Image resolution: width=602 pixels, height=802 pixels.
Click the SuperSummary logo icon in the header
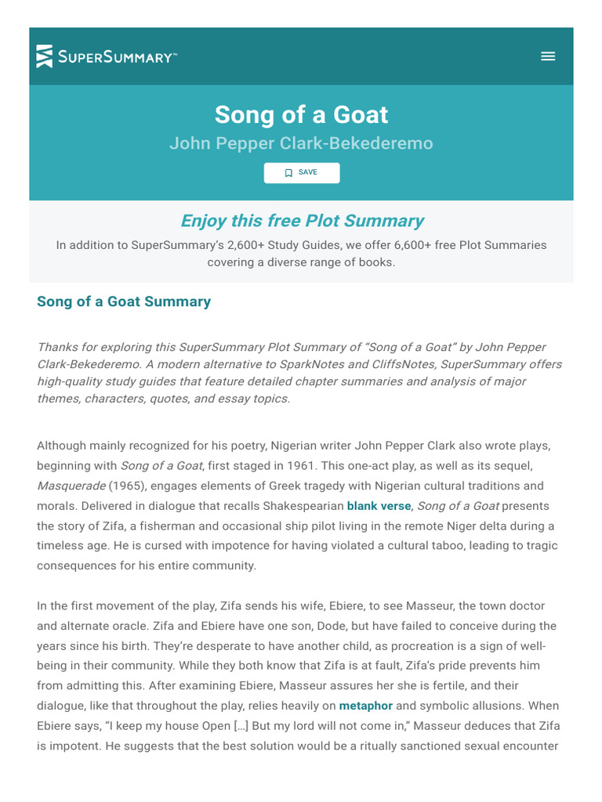pyautogui.click(x=45, y=56)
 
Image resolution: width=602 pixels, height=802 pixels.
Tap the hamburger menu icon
pyautogui.click(x=548, y=56)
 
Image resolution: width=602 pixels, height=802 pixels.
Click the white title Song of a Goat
pyautogui.click(x=301, y=114)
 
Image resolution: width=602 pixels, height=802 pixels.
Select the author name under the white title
pyautogui.click(x=301, y=144)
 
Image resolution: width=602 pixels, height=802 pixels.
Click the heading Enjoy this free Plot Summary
pyautogui.click(x=301, y=221)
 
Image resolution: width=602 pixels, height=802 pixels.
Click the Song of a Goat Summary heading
pyautogui.click(x=124, y=302)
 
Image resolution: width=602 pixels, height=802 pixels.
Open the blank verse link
pyautogui.click(x=379, y=506)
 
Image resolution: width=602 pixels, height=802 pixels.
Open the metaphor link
pyautogui.click(x=365, y=706)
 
